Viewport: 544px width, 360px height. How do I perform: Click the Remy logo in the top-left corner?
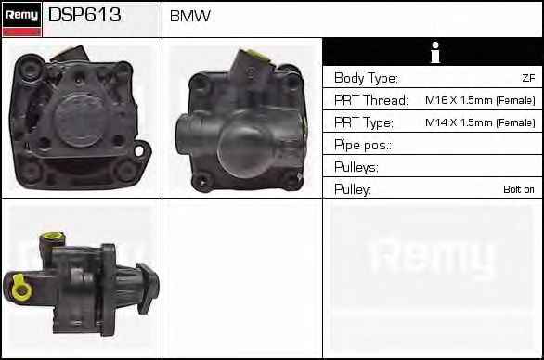point(22,19)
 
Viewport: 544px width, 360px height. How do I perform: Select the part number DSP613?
point(84,15)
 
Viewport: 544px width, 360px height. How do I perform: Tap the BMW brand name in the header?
point(189,16)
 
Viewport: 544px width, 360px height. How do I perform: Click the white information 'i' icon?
point(435,52)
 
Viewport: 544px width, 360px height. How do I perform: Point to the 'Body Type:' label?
point(366,78)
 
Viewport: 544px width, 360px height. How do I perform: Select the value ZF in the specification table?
point(528,78)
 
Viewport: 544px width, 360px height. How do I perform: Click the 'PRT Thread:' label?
point(371,100)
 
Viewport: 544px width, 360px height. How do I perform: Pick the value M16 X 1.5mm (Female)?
point(480,100)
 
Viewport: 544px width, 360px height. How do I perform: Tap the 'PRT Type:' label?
point(364,122)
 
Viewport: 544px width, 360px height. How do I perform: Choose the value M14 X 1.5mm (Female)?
point(480,122)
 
